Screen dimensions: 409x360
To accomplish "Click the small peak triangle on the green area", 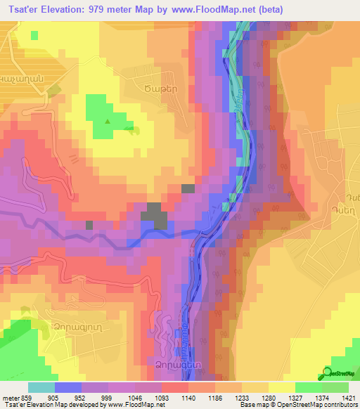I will [x=107, y=121].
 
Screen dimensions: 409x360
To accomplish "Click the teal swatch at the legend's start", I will [x=41, y=387].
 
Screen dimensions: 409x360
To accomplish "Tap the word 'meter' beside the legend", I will [x=11, y=397].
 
